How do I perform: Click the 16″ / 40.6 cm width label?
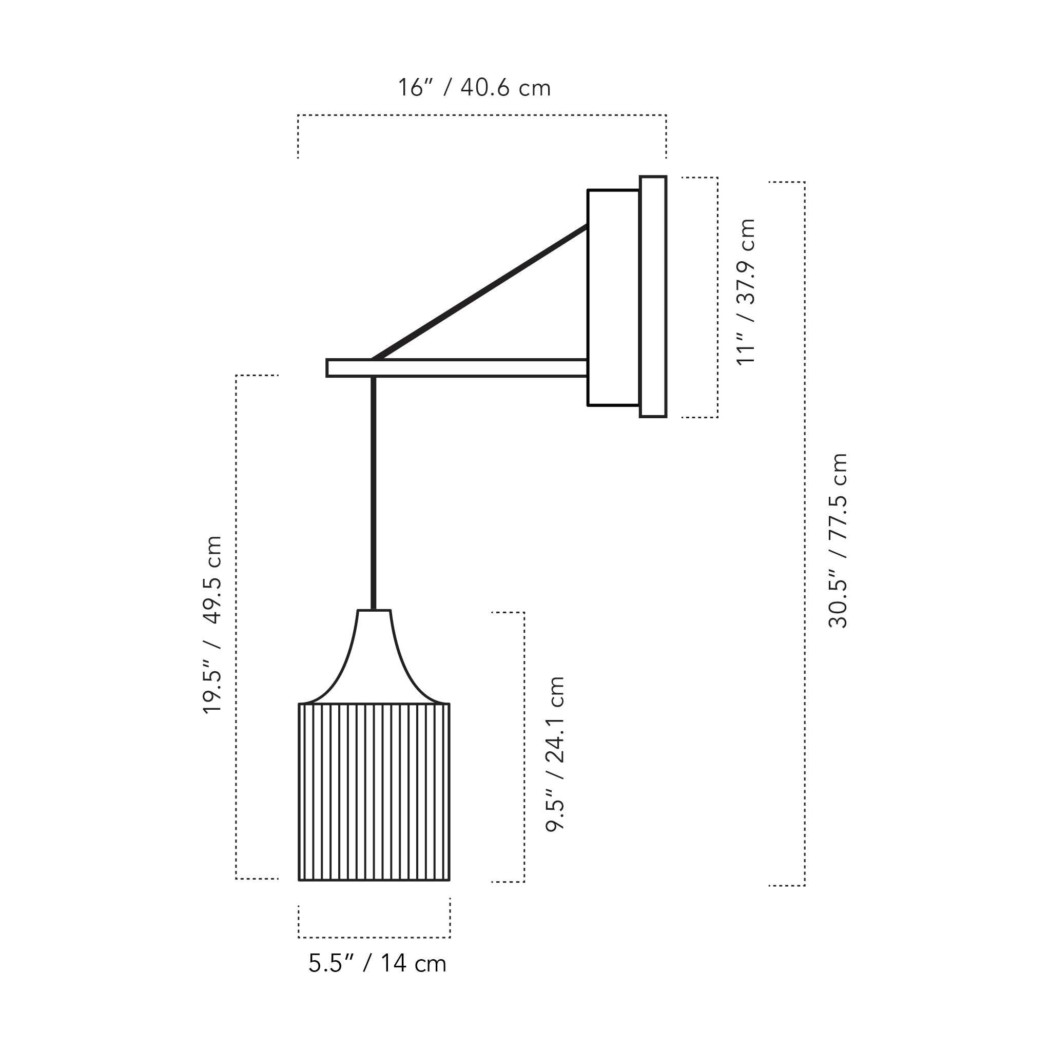click(474, 88)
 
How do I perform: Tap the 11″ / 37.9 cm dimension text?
click(746, 291)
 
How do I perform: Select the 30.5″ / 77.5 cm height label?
click(838, 541)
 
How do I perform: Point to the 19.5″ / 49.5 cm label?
click(212, 624)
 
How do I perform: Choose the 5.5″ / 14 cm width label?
click(377, 963)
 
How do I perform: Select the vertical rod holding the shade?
click(373, 493)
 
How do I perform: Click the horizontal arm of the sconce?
click(457, 368)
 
